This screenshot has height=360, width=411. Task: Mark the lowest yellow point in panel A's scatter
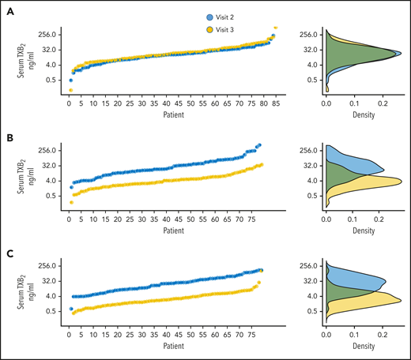70,90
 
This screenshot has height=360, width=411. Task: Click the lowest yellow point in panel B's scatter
70,203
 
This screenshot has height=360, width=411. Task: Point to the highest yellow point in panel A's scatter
275,28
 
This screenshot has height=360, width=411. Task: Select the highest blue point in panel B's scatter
260,145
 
